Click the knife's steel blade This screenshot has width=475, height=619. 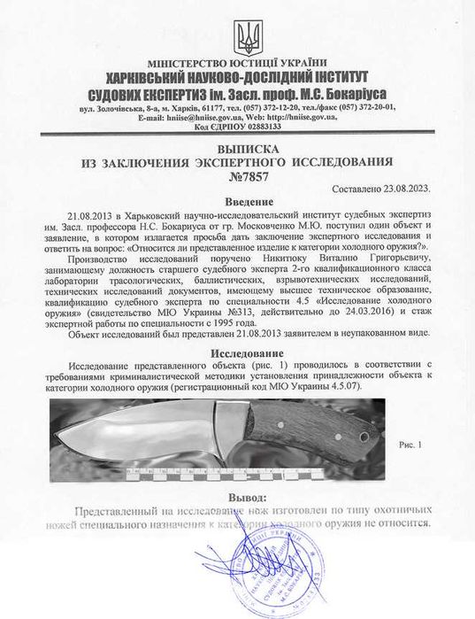[x=133, y=434]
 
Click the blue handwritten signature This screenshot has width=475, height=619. [x=257, y=567]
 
